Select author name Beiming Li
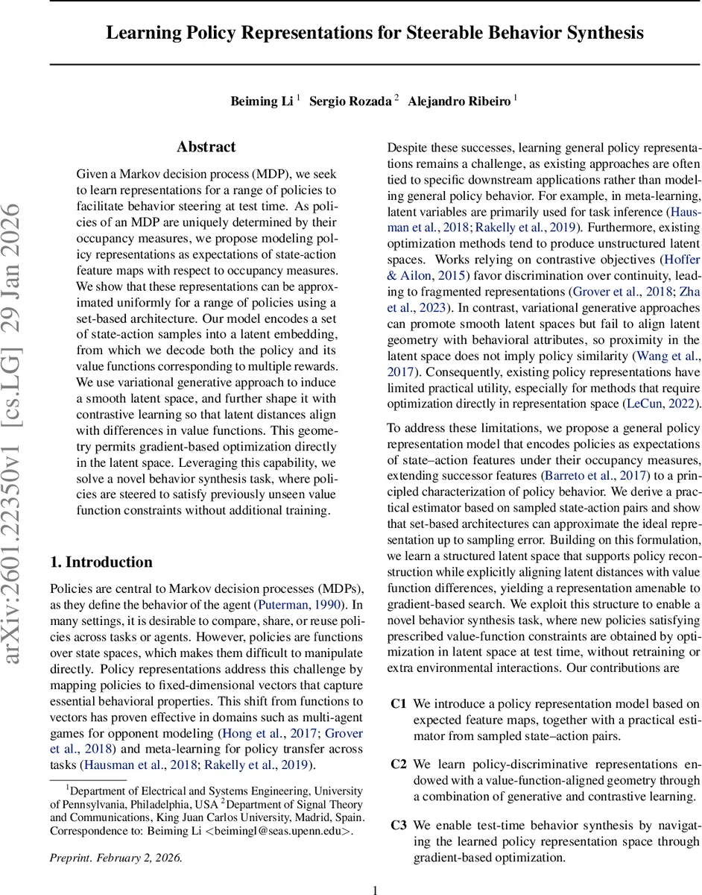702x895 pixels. click(261, 101)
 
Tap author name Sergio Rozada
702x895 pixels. click(350, 101)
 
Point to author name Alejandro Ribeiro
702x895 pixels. click(458, 101)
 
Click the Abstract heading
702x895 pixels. click(206, 147)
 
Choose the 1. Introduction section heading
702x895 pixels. click(101, 562)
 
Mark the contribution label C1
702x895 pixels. click(399, 703)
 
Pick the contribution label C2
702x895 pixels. click(399, 764)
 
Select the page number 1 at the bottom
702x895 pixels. click(376, 889)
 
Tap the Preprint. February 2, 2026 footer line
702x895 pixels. click(116, 857)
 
